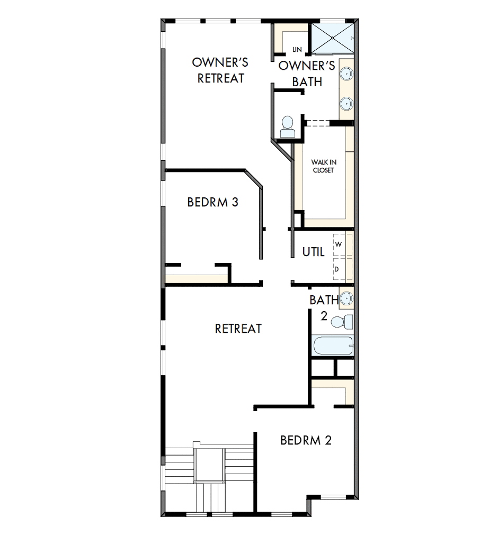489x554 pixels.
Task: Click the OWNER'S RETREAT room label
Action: tap(220, 70)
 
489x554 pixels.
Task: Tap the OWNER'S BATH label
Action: tap(307, 74)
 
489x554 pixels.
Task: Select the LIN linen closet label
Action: tap(297, 50)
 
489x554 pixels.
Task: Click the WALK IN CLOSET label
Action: tap(323, 166)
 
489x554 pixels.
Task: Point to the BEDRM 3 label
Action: tap(213, 202)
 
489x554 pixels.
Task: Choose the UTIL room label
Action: tap(313, 252)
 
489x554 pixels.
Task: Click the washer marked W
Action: tap(337, 244)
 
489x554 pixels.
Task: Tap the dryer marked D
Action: tap(337, 270)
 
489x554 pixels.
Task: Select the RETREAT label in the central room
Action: tap(238, 329)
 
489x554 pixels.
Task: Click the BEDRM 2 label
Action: tap(306, 440)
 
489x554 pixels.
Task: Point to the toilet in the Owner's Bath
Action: tap(288, 126)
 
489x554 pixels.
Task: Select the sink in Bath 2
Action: tap(346, 298)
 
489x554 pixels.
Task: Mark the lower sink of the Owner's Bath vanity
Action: tap(346, 104)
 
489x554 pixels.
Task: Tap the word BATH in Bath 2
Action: tap(324, 301)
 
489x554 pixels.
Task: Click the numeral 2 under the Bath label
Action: tap(324, 317)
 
